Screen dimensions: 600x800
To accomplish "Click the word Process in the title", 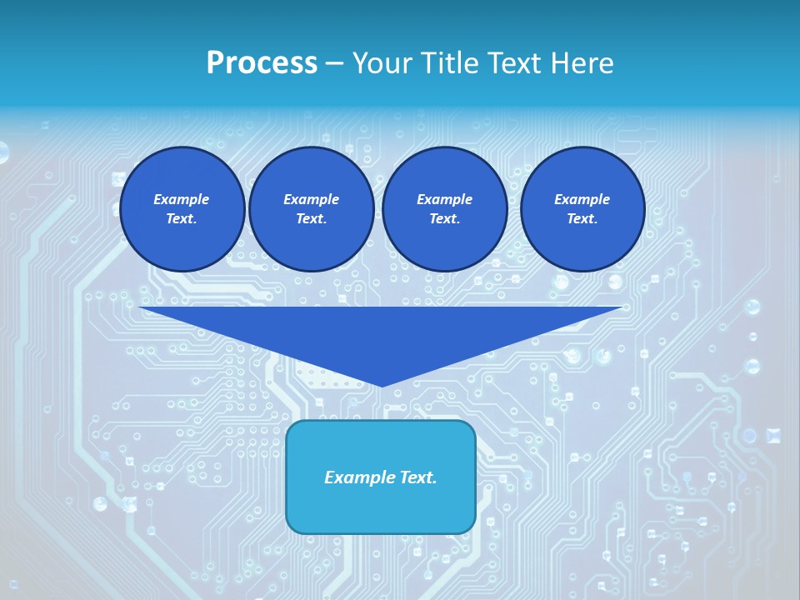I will (262, 63).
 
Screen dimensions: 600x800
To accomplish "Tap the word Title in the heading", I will (451, 63).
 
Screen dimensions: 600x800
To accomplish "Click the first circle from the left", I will (182, 208).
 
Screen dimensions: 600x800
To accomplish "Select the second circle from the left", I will (311, 208).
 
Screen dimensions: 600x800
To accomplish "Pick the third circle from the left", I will (444, 208).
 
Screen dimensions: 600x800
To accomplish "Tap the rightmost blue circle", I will (582, 208).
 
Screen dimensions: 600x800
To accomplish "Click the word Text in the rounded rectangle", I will (417, 477).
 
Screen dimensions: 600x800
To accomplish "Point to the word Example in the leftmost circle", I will (182, 199).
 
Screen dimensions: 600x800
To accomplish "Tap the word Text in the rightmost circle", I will (582, 219).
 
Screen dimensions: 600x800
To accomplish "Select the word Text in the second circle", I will (311, 219).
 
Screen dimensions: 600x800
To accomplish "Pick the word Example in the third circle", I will (444, 199).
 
